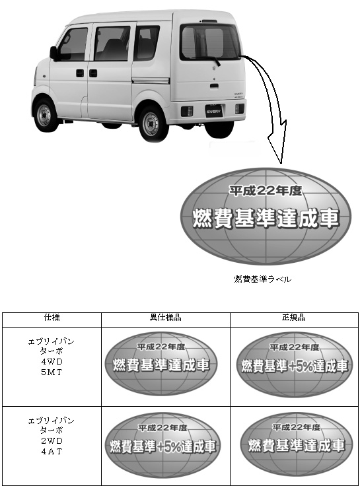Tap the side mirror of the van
pos(54,53)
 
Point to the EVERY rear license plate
pos(213,111)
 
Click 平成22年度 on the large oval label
pos(266,190)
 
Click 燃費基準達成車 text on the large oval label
pos(266,218)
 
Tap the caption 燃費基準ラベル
pos(262,279)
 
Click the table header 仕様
pos(52,318)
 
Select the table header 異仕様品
pos(165,318)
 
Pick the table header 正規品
pos(294,318)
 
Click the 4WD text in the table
pos(52,361)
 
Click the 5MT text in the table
pos(52,372)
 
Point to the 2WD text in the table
pos(52,440)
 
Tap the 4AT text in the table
pos(52,451)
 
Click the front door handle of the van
pos(80,73)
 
